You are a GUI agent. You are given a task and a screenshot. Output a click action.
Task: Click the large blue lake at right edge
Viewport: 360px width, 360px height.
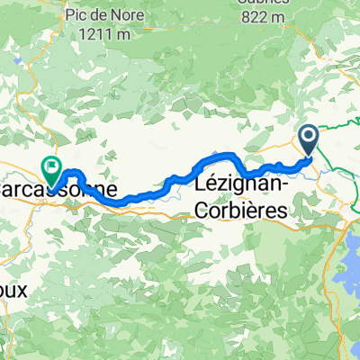tap(351, 261)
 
